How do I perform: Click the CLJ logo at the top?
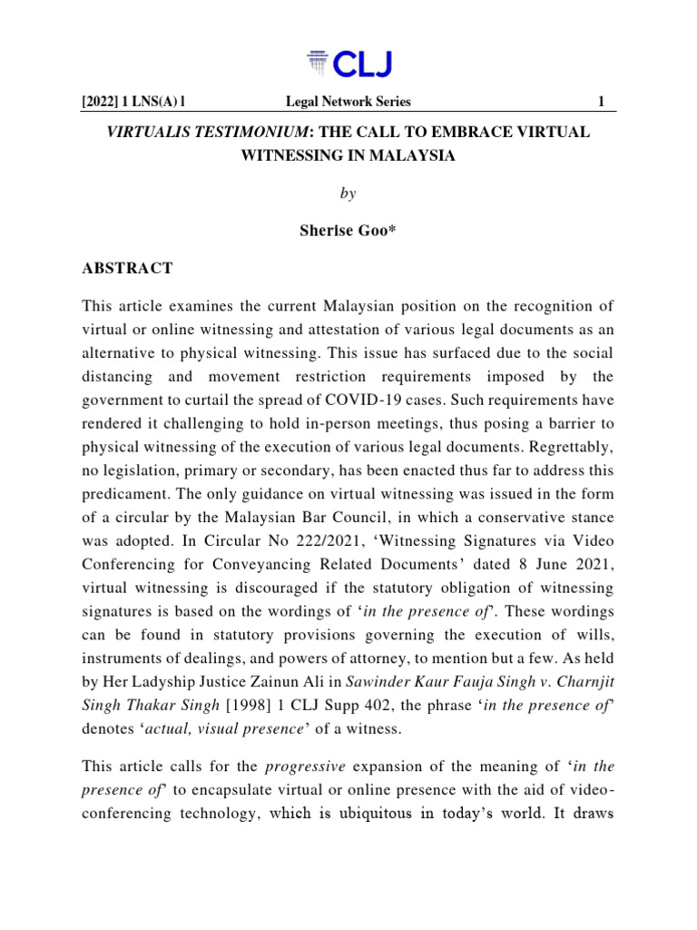pyautogui.click(x=348, y=64)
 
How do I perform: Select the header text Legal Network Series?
pyautogui.click(x=348, y=102)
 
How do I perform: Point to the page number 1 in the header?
pyautogui.click(x=600, y=102)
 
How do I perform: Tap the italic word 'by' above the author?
pyautogui.click(x=348, y=194)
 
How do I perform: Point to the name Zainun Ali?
pyautogui.click(x=282, y=659)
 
